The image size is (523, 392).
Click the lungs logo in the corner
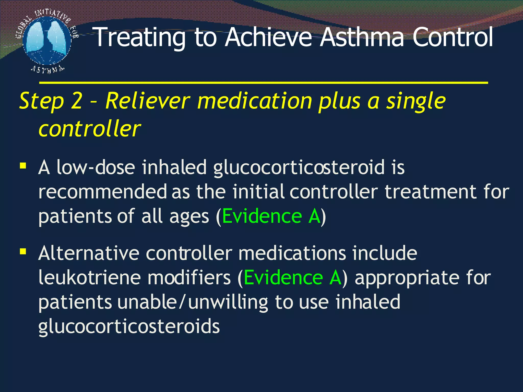46,41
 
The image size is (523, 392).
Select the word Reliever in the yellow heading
148,101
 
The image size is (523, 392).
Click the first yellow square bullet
23,166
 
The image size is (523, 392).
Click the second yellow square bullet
23,252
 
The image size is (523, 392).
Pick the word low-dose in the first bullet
96,167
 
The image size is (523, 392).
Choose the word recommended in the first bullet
102,192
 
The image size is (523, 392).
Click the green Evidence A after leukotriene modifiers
293,278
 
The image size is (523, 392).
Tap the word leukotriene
89,278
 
